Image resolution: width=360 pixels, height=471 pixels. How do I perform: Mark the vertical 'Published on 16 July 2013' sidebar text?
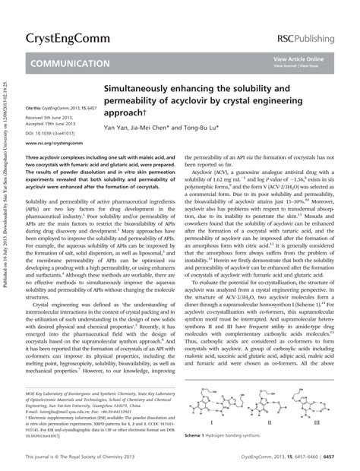pyautogui.click(x=6, y=228)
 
